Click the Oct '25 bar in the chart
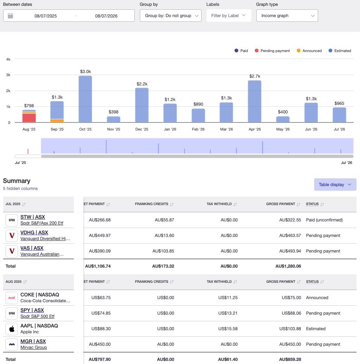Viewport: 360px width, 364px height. point(85,99)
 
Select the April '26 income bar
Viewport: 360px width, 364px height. point(254,101)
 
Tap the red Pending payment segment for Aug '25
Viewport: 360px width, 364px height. point(29,118)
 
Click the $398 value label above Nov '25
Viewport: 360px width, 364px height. point(113,112)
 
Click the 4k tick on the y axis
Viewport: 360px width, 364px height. point(8,59)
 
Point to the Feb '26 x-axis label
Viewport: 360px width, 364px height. point(198,129)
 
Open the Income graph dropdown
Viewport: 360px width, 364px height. point(287,16)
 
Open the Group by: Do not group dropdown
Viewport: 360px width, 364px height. point(170,16)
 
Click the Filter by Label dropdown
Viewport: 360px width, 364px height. point(228,16)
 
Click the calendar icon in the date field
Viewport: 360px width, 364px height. point(10,16)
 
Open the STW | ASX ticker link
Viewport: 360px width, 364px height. point(33,217)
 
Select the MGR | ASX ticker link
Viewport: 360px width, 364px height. point(33,341)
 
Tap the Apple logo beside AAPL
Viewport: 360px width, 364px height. point(12,329)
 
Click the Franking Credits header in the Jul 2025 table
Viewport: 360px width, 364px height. point(151,204)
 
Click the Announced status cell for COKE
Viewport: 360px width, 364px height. point(317,298)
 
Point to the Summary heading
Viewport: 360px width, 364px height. point(17,181)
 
